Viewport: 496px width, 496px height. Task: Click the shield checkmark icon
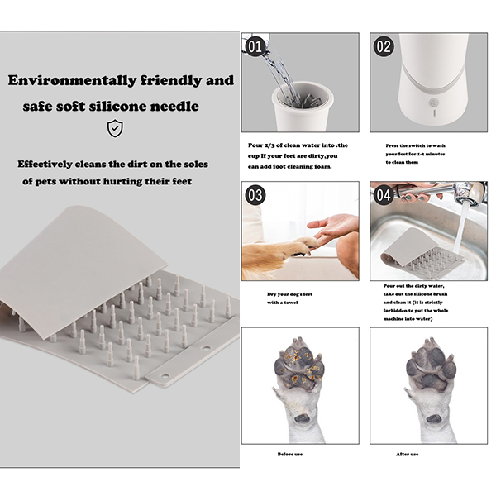click(x=115, y=128)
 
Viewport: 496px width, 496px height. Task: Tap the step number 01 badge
click(x=255, y=46)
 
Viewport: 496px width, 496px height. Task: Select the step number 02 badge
click(x=384, y=46)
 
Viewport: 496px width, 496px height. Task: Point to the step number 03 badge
click(x=255, y=195)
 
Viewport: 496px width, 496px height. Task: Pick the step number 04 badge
click(x=384, y=195)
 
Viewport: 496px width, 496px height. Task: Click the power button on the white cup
click(x=434, y=103)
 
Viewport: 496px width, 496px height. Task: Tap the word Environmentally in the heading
click(x=72, y=81)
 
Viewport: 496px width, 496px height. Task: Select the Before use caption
click(x=290, y=454)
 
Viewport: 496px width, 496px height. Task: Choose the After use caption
click(x=407, y=454)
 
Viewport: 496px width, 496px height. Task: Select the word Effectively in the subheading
click(x=45, y=165)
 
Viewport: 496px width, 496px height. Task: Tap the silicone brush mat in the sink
click(x=422, y=252)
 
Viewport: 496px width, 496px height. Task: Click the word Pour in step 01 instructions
click(x=255, y=145)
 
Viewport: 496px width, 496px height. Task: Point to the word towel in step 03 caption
click(x=290, y=303)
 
